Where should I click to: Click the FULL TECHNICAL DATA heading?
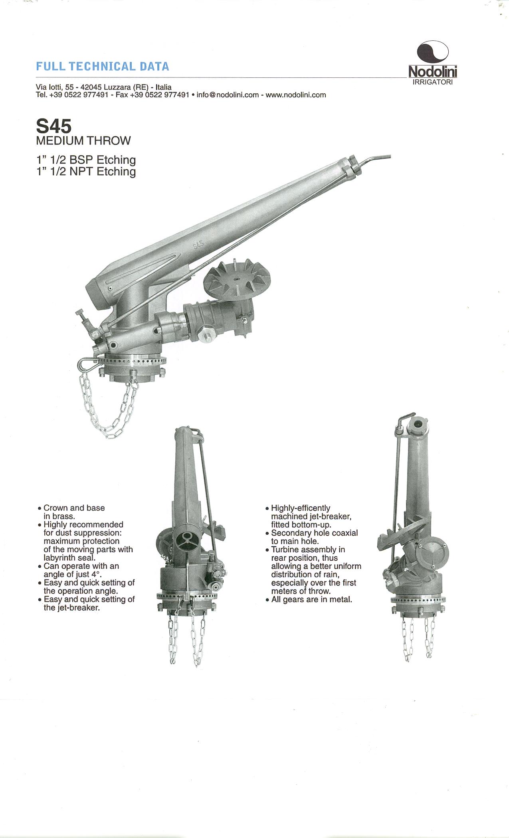103,66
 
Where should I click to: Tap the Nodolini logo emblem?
432,53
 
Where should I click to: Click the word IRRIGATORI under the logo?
433,82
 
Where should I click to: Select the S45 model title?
53,126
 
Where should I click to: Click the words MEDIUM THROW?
83,140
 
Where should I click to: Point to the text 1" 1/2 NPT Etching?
86,172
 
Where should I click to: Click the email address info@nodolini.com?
228,95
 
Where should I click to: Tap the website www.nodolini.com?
296,95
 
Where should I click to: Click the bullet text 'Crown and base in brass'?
74,512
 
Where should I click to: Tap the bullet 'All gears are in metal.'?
309,599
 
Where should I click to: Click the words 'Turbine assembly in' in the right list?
308,549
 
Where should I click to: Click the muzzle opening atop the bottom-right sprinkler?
418,424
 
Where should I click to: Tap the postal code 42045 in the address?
91,87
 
